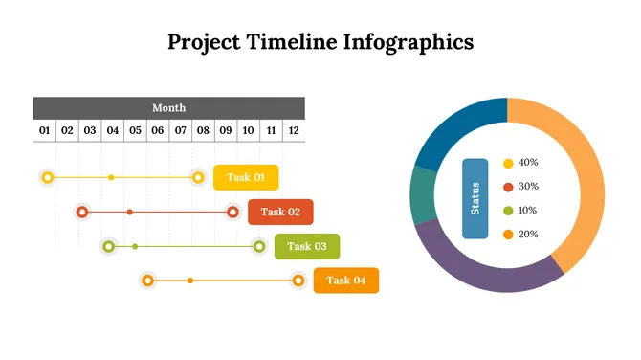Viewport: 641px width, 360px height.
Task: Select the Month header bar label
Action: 169,108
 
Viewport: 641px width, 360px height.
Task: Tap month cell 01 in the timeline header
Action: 44,130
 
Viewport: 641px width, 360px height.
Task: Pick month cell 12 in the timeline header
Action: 294,130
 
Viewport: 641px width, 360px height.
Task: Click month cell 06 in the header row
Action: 157,130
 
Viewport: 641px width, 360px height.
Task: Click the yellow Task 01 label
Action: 246,177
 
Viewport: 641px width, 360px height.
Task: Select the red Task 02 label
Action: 280,212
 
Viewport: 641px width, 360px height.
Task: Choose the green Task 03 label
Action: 307,246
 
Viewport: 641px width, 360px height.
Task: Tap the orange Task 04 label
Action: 346,281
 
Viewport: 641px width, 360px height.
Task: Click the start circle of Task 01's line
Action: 48,177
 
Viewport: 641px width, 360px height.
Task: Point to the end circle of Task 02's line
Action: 232,212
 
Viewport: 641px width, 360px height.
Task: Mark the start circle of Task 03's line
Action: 109,246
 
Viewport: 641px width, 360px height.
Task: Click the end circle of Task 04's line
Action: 298,281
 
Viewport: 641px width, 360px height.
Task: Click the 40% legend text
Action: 528,163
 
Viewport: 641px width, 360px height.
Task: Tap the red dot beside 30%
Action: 508,187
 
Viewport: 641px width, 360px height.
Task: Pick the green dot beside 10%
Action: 508,211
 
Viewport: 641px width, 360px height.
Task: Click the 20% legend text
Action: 528,235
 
